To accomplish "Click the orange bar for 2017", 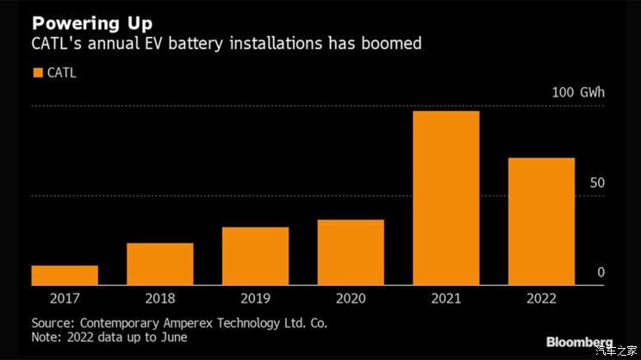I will [65, 275].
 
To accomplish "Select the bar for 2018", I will [160, 264].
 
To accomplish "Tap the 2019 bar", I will [255, 256].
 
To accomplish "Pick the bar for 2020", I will [351, 252].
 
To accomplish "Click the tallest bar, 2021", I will [445, 198].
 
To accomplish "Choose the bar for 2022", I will [541, 221].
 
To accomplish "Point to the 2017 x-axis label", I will [65, 299].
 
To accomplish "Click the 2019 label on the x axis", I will [255, 299].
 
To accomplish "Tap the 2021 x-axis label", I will [445, 299].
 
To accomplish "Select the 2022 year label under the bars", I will [541, 299].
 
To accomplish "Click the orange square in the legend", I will [37, 73].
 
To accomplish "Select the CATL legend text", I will [61, 73].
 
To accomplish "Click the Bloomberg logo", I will [580, 342].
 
